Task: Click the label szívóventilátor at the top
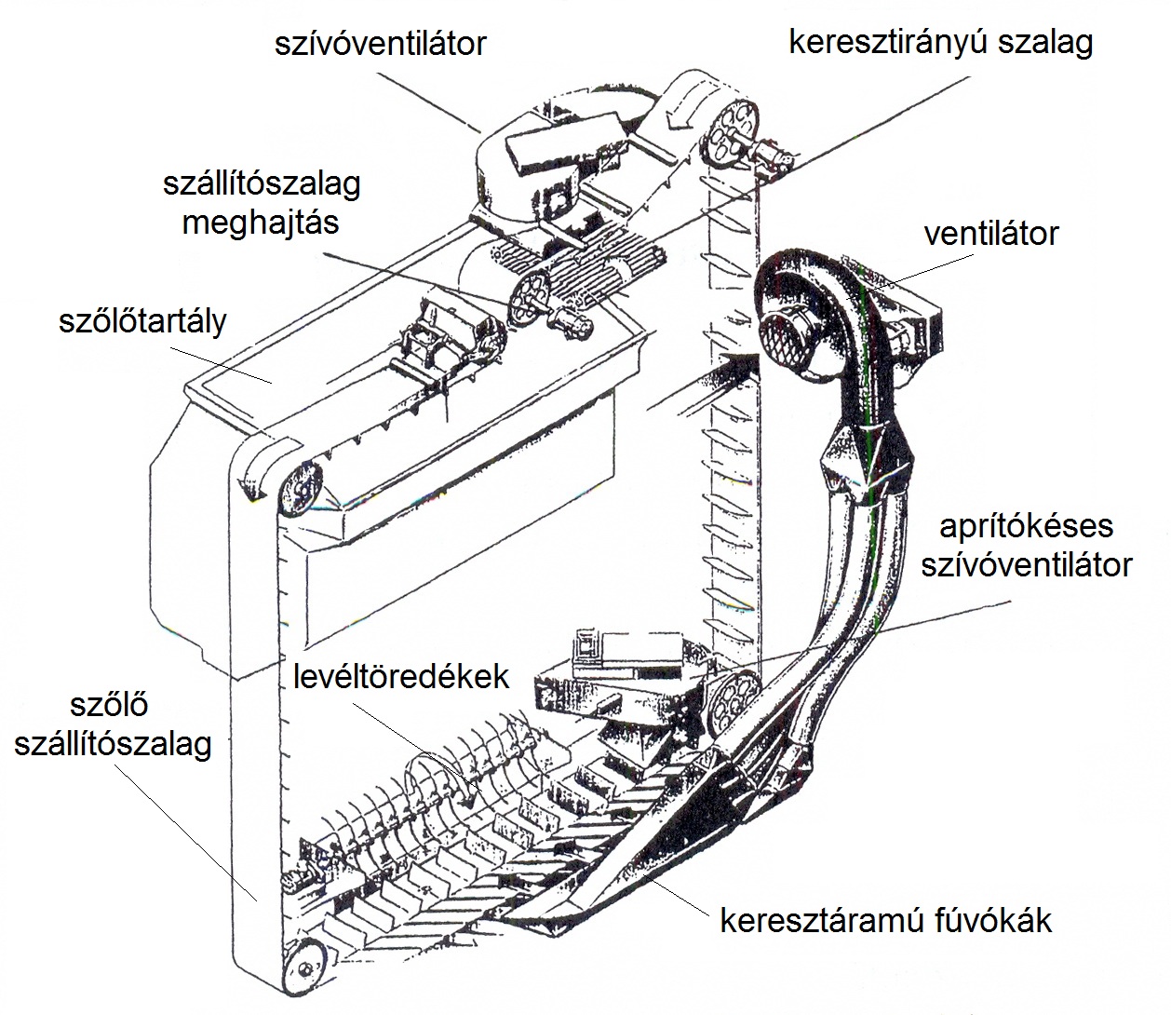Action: pyautogui.click(x=381, y=43)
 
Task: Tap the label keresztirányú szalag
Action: pyautogui.click(x=940, y=43)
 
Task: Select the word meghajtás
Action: pyautogui.click(x=261, y=223)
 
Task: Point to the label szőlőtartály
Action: pyautogui.click(x=142, y=321)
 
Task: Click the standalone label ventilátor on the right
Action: pyautogui.click(x=991, y=233)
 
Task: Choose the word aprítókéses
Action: pyautogui.click(x=1026, y=526)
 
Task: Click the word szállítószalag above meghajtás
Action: pyautogui.click(x=262, y=183)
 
